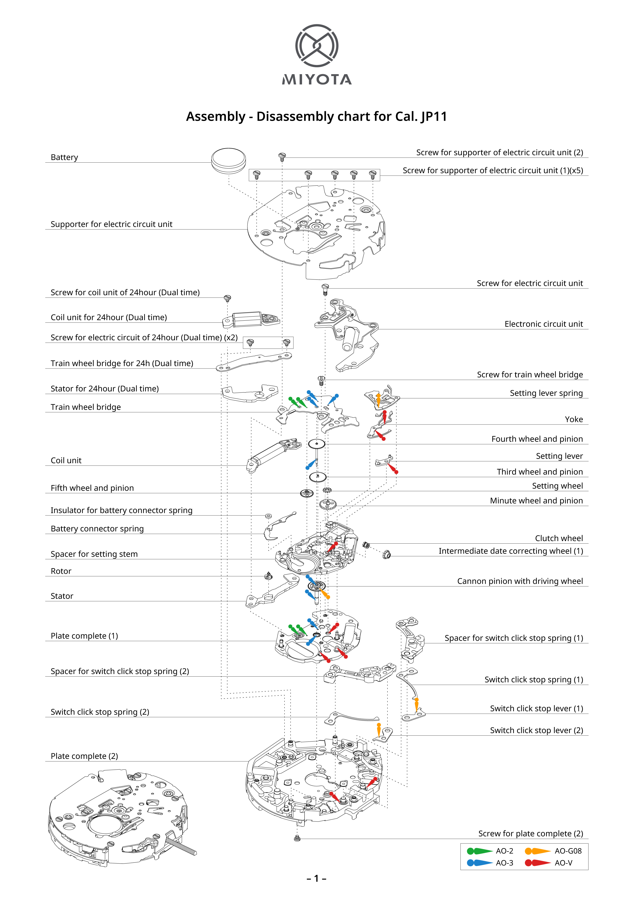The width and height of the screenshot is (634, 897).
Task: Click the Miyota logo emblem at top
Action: [317, 46]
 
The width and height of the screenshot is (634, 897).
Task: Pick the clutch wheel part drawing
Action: [366, 545]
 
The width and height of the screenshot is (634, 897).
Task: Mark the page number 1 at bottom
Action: [317, 879]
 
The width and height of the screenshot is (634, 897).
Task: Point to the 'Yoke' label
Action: [573, 419]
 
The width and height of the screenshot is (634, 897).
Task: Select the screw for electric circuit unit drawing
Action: [325, 289]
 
